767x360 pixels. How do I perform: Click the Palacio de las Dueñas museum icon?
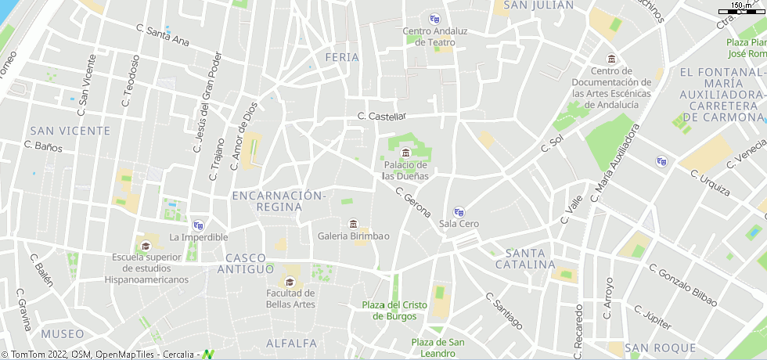pos(405,152)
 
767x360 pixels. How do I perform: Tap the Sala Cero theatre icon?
pos(459,211)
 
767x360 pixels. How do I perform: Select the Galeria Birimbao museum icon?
pos(353,224)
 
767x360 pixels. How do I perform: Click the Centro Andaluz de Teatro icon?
pos(435,19)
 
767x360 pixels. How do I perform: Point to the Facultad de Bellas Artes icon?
pos(290,282)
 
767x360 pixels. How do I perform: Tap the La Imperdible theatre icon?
pos(198,225)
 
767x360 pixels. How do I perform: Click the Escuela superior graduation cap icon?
pos(146,246)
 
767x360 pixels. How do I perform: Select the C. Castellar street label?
pos(382,116)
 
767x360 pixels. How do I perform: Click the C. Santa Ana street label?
pos(163,34)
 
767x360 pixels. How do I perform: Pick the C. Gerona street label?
pos(414,202)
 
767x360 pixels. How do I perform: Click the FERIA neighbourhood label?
pos(342,57)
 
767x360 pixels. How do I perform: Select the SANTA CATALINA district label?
pos(525,258)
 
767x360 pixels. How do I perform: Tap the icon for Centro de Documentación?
pos(611,59)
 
